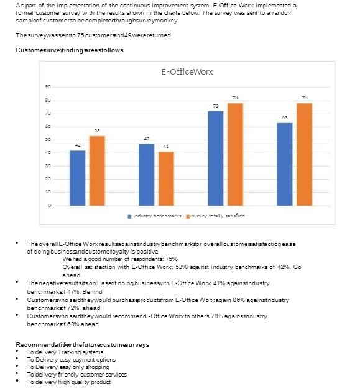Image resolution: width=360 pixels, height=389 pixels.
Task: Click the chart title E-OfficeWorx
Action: pos(187,71)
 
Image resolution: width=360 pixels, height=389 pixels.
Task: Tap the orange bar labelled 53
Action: pos(97,170)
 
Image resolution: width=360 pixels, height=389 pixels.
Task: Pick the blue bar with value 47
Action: pos(146,175)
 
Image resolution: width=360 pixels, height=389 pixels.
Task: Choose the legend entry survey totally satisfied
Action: pos(218,216)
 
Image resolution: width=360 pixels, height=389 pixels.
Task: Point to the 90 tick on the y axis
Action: pos(47,88)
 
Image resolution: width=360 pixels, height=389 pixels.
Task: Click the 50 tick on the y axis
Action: pos(47,140)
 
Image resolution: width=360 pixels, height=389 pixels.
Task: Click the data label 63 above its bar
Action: pos(284,117)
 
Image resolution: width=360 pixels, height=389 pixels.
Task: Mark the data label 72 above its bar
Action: pos(215,106)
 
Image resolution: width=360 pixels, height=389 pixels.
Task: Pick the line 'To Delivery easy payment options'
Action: pos(71,359)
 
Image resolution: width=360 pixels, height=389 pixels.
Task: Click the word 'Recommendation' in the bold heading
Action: pos(39,344)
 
